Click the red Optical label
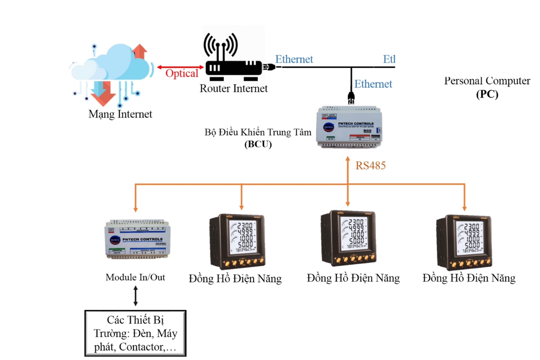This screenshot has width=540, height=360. (x=181, y=73)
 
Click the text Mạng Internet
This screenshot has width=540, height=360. (x=120, y=114)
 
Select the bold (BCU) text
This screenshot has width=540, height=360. (x=258, y=145)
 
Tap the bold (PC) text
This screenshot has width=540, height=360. (x=487, y=94)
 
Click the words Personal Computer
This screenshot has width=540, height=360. (x=487, y=81)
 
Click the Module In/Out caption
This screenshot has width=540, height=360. (x=135, y=277)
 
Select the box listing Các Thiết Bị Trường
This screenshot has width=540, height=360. (x=135, y=333)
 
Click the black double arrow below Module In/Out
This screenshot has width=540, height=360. (x=135, y=296)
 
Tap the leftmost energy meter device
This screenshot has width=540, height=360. (x=237, y=242)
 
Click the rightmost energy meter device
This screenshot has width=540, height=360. (x=464, y=242)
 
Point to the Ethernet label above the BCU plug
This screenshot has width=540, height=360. (x=373, y=84)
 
